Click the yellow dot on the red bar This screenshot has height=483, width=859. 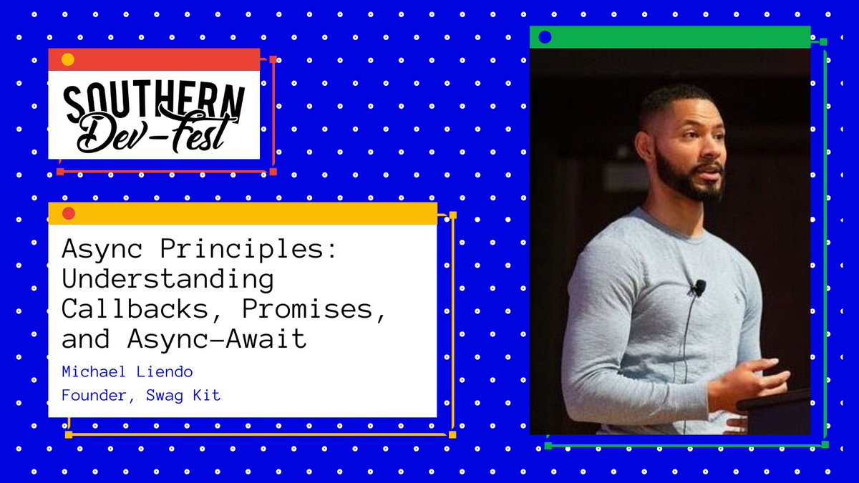click(x=67, y=59)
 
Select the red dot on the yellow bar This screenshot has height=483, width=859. click(x=69, y=213)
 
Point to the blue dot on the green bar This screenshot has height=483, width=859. click(x=545, y=37)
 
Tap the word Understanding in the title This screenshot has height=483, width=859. click(x=168, y=278)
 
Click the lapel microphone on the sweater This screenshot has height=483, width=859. click(x=699, y=287)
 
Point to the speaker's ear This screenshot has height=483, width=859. click(x=645, y=145)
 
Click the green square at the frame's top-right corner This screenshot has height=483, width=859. click(x=823, y=42)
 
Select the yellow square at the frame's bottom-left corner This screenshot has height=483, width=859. click(x=69, y=434)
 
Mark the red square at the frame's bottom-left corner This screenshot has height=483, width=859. click(x=60, y=172)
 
